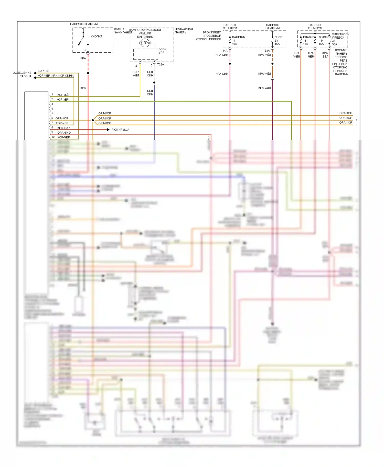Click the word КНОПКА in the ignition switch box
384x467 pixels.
[97, 36]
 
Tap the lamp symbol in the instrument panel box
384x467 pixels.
[145, 43]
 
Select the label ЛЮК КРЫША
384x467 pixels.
[120, 130]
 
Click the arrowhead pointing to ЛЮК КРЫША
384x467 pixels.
[108, 130]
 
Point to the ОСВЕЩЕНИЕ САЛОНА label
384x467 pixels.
[22, 74]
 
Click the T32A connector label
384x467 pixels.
[161, 65]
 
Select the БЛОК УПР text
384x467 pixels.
[162, 51]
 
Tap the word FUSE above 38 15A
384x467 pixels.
[278, 37]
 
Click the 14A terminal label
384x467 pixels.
[225, 51]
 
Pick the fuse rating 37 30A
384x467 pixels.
[334, 43]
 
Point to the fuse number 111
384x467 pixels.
[305, 41]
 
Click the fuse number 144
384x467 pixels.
[321, 41]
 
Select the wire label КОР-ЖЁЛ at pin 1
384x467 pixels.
[64, 95]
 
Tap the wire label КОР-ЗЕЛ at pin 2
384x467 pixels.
[62, 99]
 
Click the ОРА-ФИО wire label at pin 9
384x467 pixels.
[64, 133]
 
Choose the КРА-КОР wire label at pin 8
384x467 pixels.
[63, 128]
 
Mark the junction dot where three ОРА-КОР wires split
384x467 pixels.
[93, 120]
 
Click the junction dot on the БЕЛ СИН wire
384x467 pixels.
[154, 83]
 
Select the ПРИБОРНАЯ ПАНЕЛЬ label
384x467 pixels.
[184, 31]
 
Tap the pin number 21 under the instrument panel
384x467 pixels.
[137, 66]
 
